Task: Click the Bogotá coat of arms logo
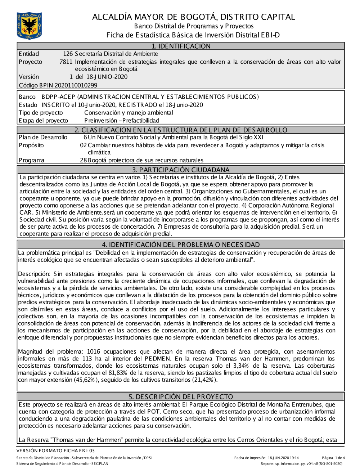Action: tap(29, 25)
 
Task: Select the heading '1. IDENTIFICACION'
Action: tap(181, 46)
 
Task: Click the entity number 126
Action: tap(68, 54)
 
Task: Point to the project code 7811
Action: tap(66, 62)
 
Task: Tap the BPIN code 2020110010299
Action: tap(76, 85)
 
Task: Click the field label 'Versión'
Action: tap(29, 77)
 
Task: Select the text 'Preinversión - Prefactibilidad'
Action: tap(122, 121)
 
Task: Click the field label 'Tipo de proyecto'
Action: tap(41, 113)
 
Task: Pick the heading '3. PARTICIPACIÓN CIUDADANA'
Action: tap(181, 170)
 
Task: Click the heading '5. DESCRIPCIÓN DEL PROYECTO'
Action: tap(181, 396)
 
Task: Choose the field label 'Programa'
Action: tap(32, 160)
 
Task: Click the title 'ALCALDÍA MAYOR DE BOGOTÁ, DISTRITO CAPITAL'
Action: tap(194, 17)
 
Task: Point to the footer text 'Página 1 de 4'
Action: tap(333, 458)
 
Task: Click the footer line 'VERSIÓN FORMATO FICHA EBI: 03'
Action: tap(55, 451)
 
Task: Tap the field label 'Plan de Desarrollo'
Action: tap(43, 138)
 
